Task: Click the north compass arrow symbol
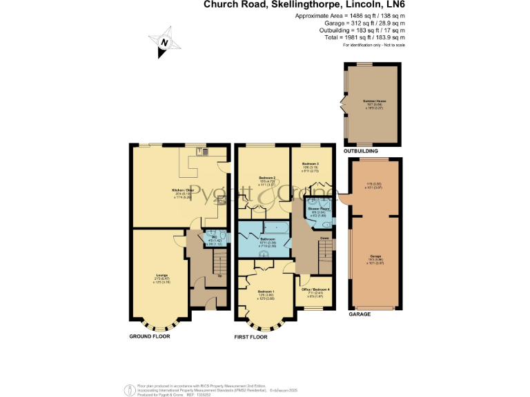pos(164,42)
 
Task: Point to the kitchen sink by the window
pos(204,152)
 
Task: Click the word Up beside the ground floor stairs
pos(220,276)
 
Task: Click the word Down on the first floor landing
pos(324,238)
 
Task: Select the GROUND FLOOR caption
pos(150,336)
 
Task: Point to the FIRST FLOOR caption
pos(251,336)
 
